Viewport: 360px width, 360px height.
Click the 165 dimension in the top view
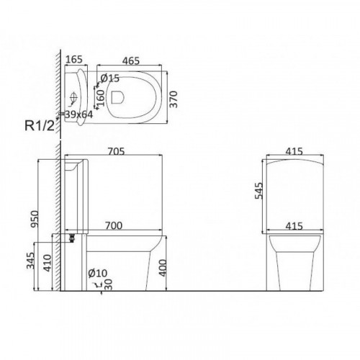tap(74, 59)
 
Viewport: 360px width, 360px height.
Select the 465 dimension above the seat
tap(131, 61)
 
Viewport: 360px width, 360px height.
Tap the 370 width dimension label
tap(174, 99)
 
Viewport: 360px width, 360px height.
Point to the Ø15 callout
tap(109, 78)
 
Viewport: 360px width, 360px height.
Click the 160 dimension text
tap(102, 98)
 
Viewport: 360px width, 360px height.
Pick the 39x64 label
tap(78, 114)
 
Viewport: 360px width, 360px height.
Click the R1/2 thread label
tap(40, 125)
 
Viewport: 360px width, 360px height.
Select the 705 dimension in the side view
tap(116, 151)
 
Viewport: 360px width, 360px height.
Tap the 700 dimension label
tap(114, 225)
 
